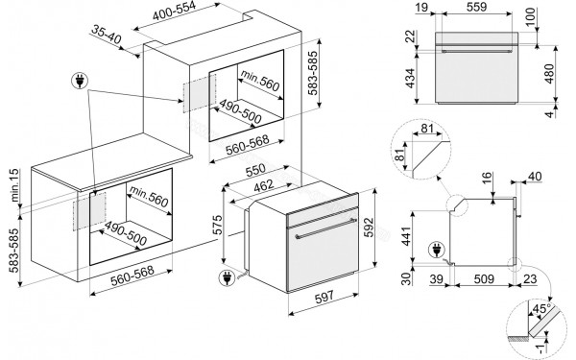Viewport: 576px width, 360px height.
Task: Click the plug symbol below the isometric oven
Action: (x=227, y=280)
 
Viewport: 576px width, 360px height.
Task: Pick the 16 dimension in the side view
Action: (x=487, y=179)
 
